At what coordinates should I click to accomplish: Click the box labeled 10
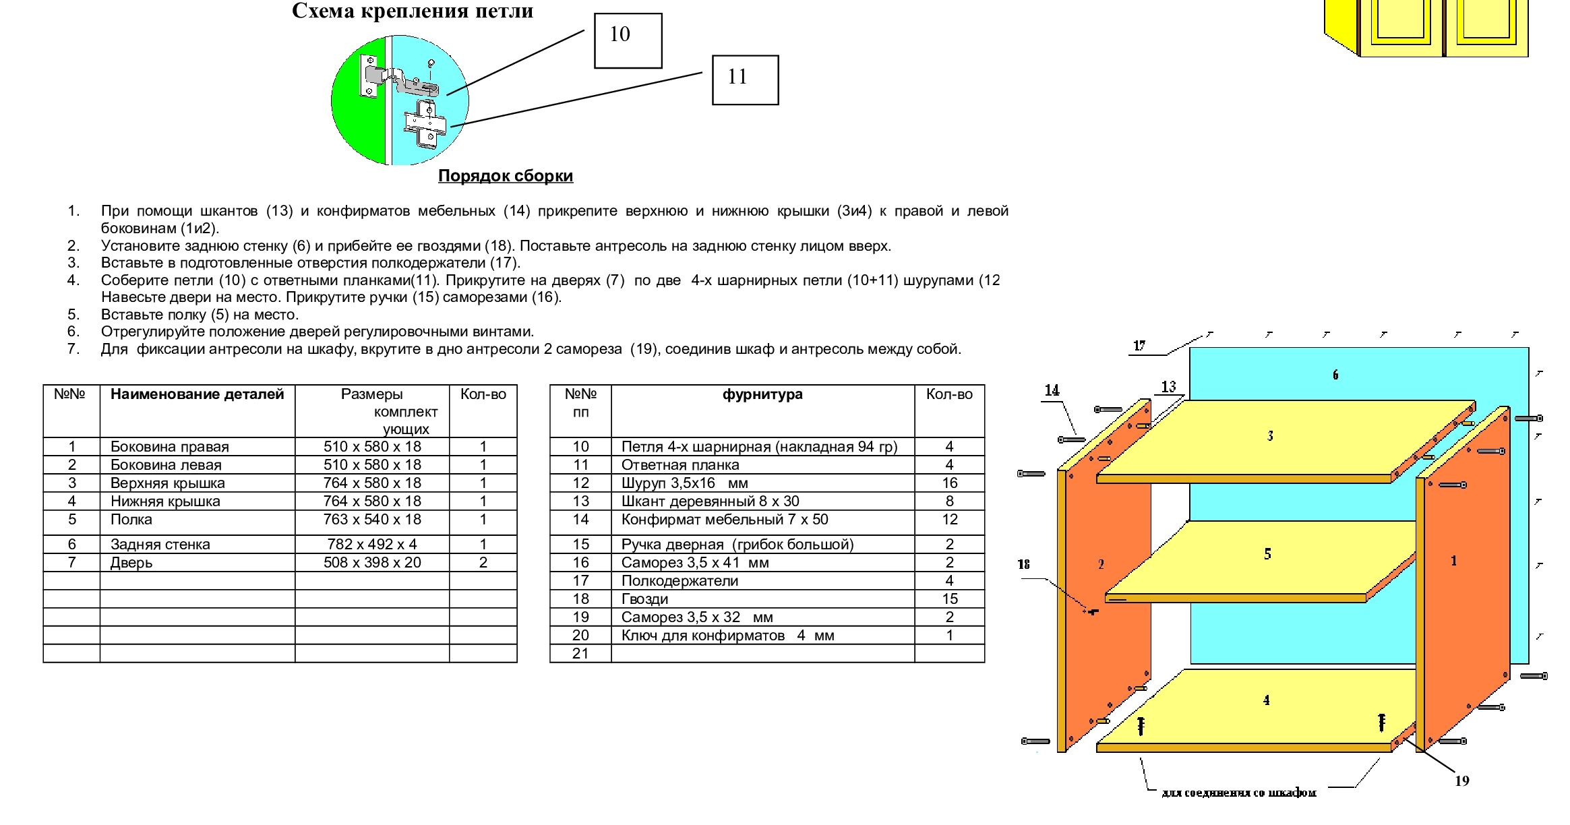tap(628, 40)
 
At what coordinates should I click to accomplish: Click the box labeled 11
tap(745, 80)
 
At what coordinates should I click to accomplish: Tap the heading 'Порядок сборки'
tap(506, 176)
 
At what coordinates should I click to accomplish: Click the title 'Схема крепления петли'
tap(413, 11)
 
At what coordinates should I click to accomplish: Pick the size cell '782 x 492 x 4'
tap(372, 545)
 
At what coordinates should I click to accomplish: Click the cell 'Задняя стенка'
tap(160, 545)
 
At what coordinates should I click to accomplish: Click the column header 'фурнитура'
tap(762, 394)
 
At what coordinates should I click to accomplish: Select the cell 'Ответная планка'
tap(680, 465)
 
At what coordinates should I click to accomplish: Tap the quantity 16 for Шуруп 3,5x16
tap(950, 483)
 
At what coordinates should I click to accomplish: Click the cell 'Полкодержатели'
tap(680, 581)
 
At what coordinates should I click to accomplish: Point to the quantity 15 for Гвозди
tap(950, 599)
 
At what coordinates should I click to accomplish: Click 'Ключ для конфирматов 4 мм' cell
tap(728, 636)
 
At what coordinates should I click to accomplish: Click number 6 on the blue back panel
tap(1335, 375)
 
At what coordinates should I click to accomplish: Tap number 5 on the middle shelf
tap(1268, 554)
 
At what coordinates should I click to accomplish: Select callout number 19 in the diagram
tap(1461, 781)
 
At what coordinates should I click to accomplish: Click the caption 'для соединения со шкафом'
tap(1239, 793)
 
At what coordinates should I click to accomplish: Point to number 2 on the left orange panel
tap(1101, 564)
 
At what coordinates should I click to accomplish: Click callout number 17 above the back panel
tap(1139, 346)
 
